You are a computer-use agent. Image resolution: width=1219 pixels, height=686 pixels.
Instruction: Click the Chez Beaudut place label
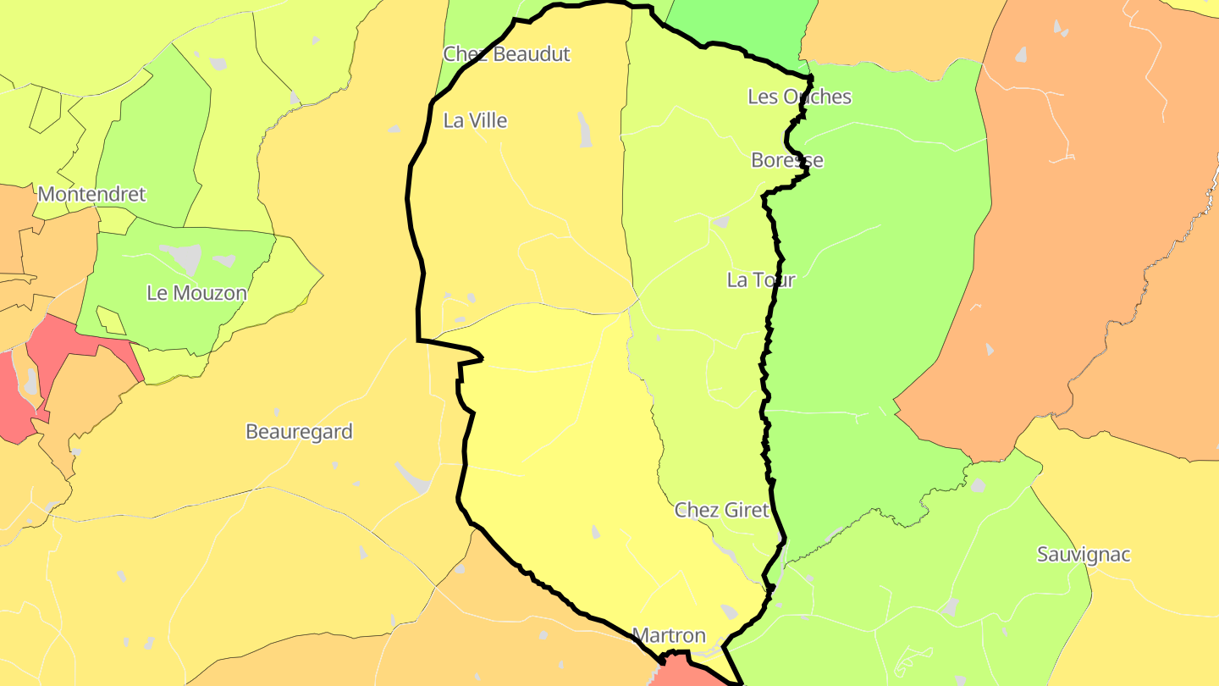pos(506,54)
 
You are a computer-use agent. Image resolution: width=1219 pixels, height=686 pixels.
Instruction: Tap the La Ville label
pos(475,121)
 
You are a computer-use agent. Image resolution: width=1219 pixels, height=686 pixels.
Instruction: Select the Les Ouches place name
pos(799,97)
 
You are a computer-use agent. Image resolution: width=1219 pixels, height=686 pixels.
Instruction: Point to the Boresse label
pos(786,160)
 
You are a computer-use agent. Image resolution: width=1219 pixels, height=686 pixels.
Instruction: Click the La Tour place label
pos(761,279)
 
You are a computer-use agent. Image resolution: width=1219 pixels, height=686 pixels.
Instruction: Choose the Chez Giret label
pos(721,510)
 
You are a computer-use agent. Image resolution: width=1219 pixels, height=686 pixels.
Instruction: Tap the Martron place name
pos(669,635)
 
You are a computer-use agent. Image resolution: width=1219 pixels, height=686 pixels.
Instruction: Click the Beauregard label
pos(299,432)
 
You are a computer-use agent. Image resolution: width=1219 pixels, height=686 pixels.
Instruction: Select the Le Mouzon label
pos(196,293)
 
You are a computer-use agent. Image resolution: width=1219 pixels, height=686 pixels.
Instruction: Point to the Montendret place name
pos(91,194)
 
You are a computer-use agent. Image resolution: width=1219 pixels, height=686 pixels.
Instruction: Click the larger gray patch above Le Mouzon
pos(181,257)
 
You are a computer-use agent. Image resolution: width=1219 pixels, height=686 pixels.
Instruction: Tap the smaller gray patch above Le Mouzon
pos(224,260)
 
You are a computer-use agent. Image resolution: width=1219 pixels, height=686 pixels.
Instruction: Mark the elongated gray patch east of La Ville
pos(585,130)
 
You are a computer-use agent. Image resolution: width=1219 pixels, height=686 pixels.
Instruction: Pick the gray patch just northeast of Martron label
pos(729,611)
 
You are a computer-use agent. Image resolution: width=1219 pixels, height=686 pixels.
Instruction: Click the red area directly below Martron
pos(690,673)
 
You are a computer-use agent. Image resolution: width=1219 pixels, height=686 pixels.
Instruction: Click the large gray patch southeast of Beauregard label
pos(413,478)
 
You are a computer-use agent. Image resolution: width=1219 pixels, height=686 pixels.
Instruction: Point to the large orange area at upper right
pos(1092,212)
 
